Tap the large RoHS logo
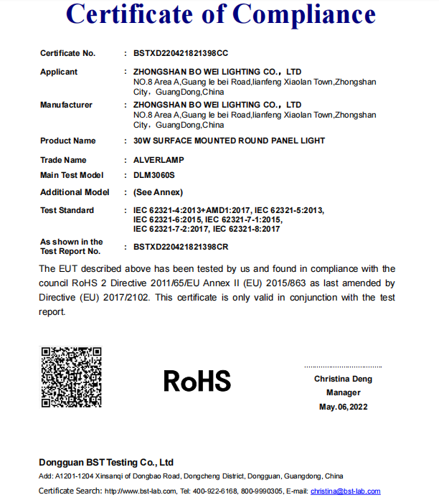click(197, 380)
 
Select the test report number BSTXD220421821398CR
click(181, 247)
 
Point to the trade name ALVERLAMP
click(156, 160)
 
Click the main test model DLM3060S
click(154, 175)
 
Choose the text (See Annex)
click(158, 192)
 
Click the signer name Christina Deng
click(343, 379)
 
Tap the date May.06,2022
click(343, 407)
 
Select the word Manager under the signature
click(343, 392)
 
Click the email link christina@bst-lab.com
click(345, 491)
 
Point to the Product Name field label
click(67, 141)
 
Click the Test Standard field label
click(67, 210)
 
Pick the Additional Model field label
click(75, 192)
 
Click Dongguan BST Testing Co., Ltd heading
click(106, 462)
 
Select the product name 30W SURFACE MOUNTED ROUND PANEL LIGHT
click(229, 141)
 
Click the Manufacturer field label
click(66, 105)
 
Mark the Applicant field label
click(59, 72)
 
